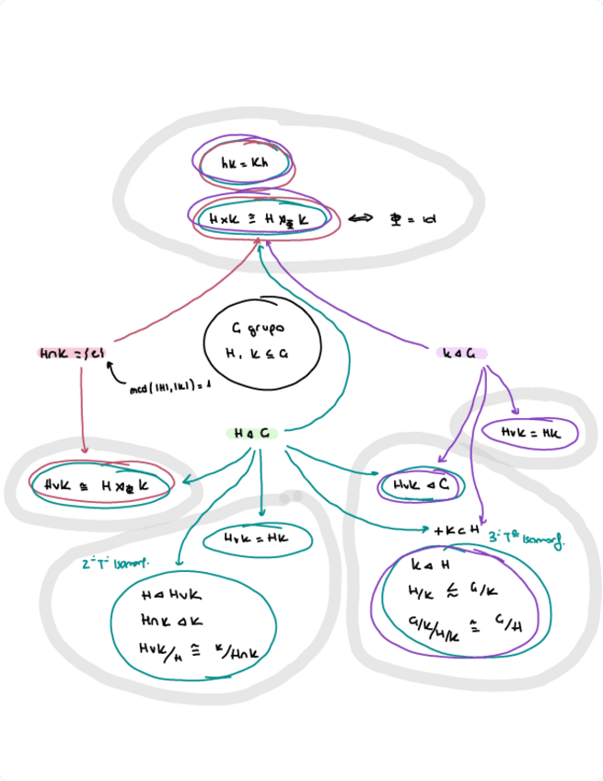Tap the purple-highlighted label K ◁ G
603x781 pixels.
point(461,352)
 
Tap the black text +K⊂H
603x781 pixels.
point(458,530)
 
